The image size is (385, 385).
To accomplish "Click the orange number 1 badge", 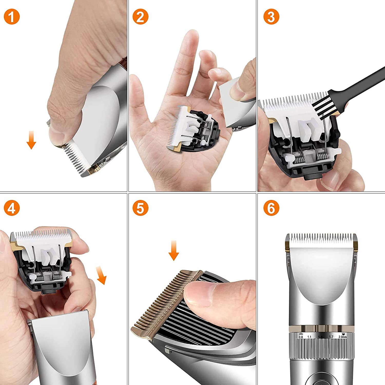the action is [x=12, y=17].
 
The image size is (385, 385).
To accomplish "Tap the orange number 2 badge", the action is [x=140, y=17].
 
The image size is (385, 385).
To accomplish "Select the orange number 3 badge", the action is [x=271, y=17].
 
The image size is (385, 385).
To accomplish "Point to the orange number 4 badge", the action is [x=12, y=208].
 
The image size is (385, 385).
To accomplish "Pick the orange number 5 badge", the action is [x=140, y=208].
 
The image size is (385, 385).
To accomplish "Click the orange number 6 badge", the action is [x=271, y=208].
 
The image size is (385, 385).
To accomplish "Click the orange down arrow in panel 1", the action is [x=31, y=140].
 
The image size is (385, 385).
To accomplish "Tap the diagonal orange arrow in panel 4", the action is [x=101, y=275].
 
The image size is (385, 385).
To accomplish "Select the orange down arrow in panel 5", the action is [x=174, y=250].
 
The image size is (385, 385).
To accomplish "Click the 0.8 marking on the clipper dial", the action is [x=301, y=337].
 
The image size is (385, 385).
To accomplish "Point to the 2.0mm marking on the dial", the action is [x=342, y=337].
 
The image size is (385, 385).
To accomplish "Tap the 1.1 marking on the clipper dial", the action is [x=309, y=337].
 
